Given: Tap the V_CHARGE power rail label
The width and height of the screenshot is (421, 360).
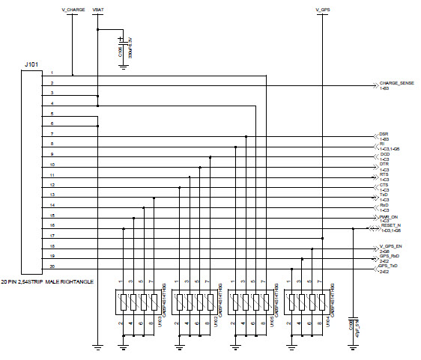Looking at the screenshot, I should tap(73, 10).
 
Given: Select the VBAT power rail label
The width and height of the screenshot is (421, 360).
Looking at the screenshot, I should tap(97, 10).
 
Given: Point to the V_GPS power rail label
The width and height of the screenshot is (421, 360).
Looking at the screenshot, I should tap(323, 10).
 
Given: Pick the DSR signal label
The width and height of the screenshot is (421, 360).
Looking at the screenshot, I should tap(383, 133).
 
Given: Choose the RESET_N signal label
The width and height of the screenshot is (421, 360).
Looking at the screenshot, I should tap(392, 225).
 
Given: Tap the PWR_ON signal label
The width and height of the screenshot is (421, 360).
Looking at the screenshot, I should tap(388, 216).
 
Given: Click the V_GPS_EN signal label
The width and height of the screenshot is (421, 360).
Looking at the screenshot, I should tap(391, 246).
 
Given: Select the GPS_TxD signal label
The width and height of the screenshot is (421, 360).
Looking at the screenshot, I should tap(388, 266).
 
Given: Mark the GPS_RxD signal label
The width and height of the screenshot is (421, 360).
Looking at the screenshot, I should tap(388, 256).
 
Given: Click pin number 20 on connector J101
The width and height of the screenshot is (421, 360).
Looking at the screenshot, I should tap(52, 266).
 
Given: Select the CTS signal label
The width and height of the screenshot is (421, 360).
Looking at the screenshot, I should tap(383, 183).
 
